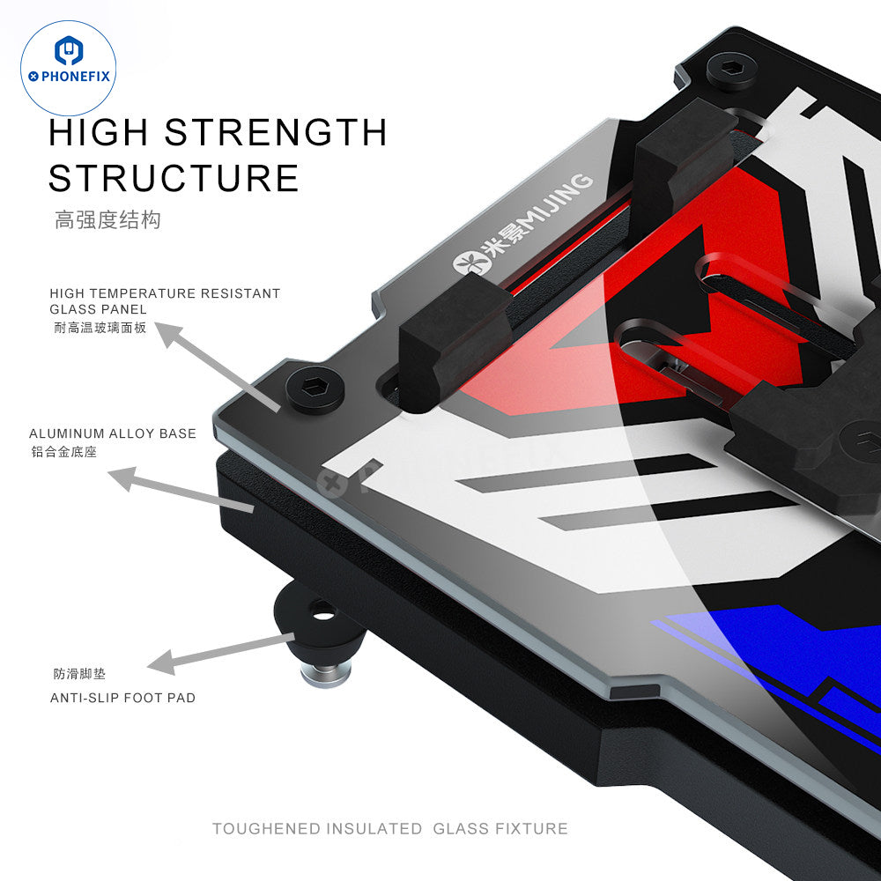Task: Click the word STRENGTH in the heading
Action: tap(276, 132)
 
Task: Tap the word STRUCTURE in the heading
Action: tap(174, 177)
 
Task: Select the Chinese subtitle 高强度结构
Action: tap(107, 220)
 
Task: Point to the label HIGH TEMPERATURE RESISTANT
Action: tap(165, 292)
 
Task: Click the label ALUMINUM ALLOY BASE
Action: tap(113, 433)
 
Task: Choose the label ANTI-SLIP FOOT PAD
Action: tap(123, 698)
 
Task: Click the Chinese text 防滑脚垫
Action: tap(78, 675)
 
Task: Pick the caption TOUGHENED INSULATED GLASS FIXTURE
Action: tap(389, 828)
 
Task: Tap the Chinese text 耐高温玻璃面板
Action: tap(98, 327)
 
